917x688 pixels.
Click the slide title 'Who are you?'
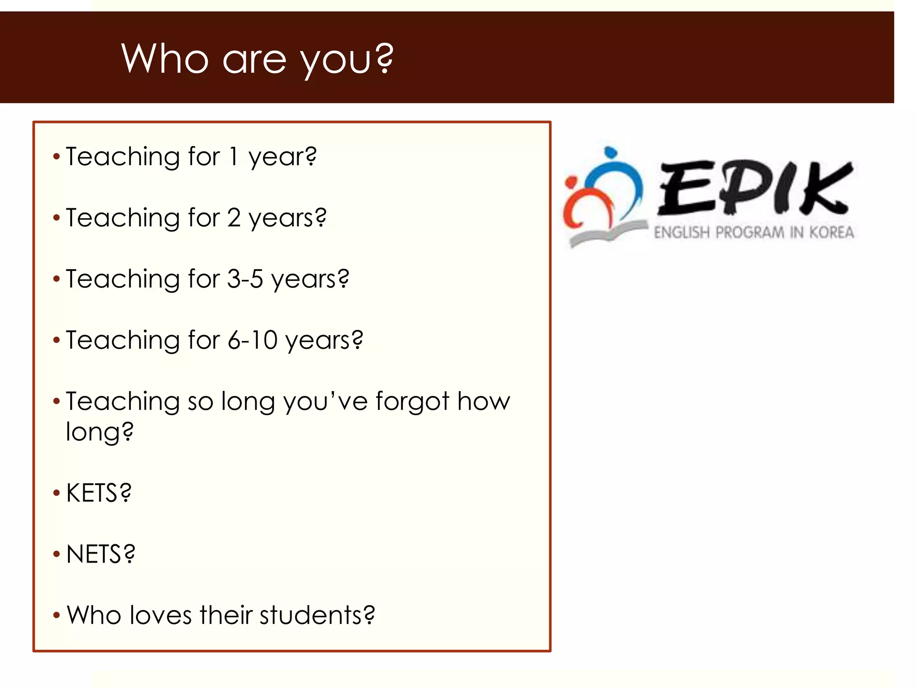point(257,59)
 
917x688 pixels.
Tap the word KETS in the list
point(93,493)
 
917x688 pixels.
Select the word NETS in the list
point(94,554)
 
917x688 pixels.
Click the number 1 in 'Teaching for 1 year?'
point(233,157)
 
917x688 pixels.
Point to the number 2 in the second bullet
point(234,218)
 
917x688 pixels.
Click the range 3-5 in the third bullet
point(245,279)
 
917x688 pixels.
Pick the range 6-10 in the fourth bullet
point(253,340)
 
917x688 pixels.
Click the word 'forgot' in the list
point(412,401)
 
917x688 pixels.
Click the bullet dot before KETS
point(56,493)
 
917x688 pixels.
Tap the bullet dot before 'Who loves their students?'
point(56,615)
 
